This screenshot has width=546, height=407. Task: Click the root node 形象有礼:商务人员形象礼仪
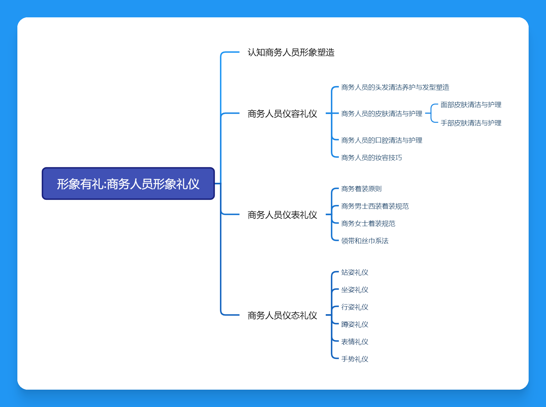(128, 184)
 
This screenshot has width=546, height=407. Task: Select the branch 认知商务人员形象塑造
(291, 52)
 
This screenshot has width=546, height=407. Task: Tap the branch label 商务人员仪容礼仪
(282, 114)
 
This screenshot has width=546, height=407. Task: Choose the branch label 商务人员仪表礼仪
(282, 215)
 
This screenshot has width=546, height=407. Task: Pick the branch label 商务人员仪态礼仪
(282, 315)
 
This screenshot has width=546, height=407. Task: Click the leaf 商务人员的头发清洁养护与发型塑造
(395, 87)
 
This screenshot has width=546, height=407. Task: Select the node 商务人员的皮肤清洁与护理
(381, 114)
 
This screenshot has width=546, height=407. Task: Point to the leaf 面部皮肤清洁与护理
(470, 105)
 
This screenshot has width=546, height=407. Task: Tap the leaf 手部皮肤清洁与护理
(470, 123)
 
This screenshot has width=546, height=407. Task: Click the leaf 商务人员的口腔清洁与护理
(381, 140)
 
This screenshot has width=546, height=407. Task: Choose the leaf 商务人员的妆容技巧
(371, 158)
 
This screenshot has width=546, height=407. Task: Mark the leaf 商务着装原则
(361, 189)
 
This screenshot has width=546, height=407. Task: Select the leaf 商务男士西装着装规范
(375, 206)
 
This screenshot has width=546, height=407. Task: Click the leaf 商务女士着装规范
(368, 224)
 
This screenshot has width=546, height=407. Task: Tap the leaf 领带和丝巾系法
(365, 241)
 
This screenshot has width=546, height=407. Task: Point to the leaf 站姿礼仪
(354, 272)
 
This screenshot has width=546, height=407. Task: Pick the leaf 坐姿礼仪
(354, 290)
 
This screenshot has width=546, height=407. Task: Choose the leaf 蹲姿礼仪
(354, 324)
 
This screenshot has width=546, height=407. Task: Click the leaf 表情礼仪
(354, 342)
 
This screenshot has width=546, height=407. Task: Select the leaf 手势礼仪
(354, 359)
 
